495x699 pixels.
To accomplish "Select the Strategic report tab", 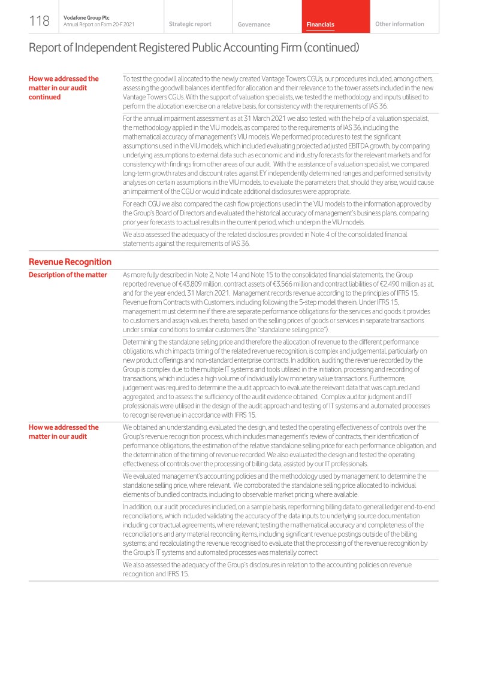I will (x=190, y=24).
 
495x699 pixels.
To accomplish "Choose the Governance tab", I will (x=253, y=25).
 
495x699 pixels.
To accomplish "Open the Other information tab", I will (x=399, y=24).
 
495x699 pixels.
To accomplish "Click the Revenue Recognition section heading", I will (x=70, y=262).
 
